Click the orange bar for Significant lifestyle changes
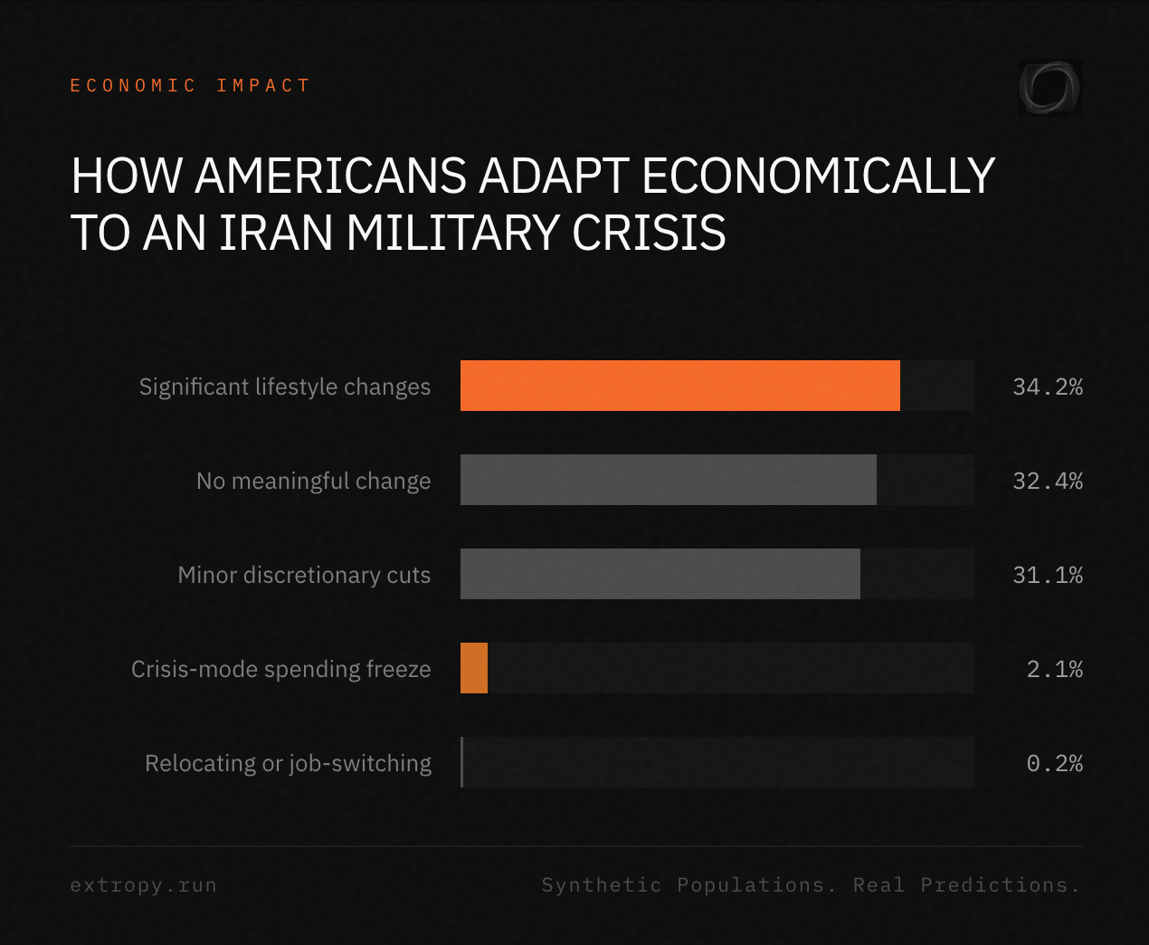click(x=679, y=386)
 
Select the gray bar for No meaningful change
click(x=668, y=480)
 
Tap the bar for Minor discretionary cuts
click(x=660, y=574)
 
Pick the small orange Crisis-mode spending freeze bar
click(x=474, y=668)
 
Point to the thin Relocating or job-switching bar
click(x=461, y=762)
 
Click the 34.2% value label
click(x=1047, y=387)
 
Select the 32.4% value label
click(x=1047, y=481)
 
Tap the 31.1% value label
click(x=1047, y=575)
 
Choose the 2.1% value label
click(x=1054, y=669)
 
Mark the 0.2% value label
click(x=1054, y=763)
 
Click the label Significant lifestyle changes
click(x=285, y=387)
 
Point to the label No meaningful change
click(x=313, y=481)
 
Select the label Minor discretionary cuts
click(x=304, y=575)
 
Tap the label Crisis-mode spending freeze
click(x=280, y=669)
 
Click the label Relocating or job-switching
click(x=288, y=763)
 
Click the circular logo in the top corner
click(x=1049, y=88)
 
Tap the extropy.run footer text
click(x=143, y=885)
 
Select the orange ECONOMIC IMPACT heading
click(x=190, y=85)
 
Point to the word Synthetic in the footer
click(x=601, y=885)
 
